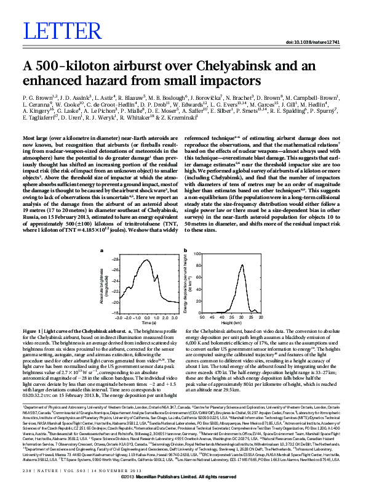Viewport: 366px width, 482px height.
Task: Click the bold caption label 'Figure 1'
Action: click(31, 330)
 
